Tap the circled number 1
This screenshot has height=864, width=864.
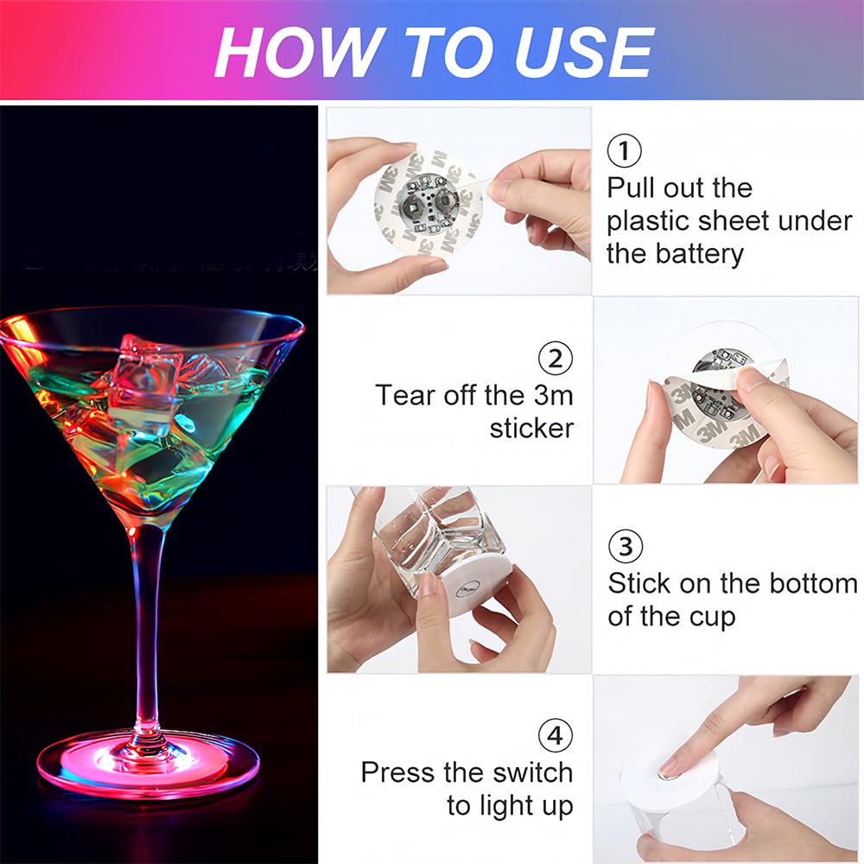pos(625,151)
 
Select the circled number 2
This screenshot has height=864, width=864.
pos(556,358)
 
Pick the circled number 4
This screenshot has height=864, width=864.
pos(556,736)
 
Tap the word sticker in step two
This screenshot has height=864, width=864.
pos(531,429)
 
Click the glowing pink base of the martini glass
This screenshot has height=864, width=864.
pos(147,760)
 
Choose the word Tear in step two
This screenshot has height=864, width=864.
pos(406,396)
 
